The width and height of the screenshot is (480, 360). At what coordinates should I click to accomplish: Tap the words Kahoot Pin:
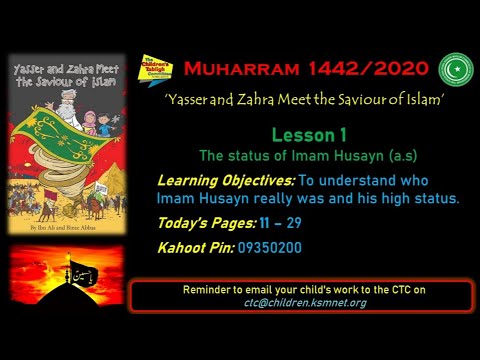tap(196, 245)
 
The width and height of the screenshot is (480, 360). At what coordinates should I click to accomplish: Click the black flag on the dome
tap(80, 269)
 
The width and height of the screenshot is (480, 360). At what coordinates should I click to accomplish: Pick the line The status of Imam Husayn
tap(281, 155)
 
